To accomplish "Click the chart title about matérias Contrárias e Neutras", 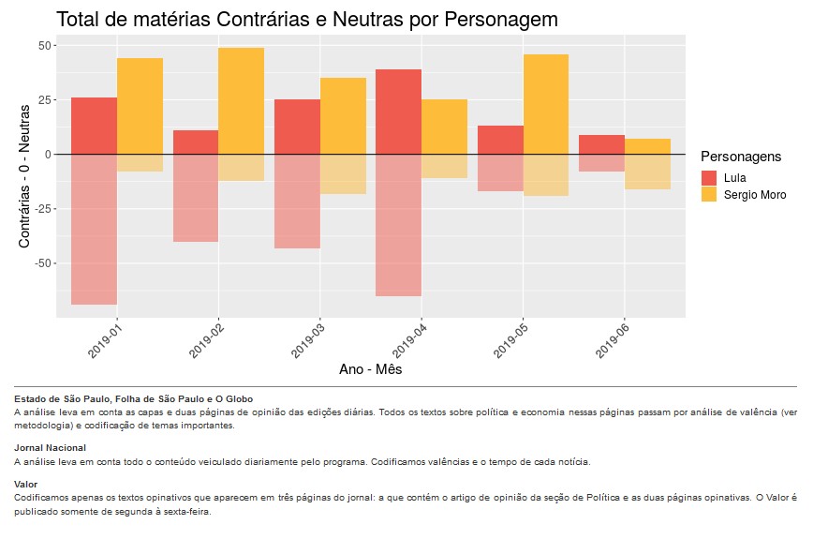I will point(306,19).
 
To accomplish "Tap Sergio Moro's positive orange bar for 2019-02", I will point(241,100).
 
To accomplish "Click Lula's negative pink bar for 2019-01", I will point(94,229).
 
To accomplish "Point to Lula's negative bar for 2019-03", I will point(297,201).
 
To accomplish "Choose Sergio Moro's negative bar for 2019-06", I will point(647,172).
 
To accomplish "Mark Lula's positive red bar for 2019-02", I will point(196,142).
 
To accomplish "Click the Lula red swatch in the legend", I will point(709,178).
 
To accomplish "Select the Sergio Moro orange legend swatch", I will point(709,195).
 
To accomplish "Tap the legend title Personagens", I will point(741,157).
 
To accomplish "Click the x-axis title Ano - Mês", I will point(370,369).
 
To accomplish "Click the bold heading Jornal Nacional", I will point(50,448).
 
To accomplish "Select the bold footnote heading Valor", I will point(26,484).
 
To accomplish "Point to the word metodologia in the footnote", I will point(43,425).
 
